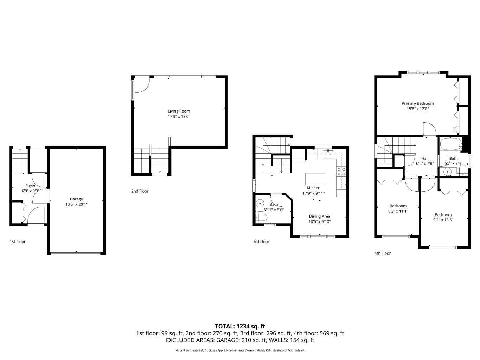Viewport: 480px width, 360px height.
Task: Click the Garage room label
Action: pyautogui.click(x=76, y=199)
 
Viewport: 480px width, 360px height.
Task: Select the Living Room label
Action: pyautogui.click(x=179, y=111)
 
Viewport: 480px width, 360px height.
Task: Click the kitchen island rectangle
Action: pyautogui.click(x=315, y=179)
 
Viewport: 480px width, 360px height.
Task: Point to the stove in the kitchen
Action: pyautogui.click(x=341, y=172)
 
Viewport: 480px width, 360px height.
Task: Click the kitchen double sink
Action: pyautogui.click(x=328, y=153)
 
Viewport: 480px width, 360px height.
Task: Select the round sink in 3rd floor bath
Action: pyautogui.click(x=260, y=203)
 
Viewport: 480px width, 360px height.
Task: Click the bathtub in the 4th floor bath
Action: pyautogui.click(x=450, y=144)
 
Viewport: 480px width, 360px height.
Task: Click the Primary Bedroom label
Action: pyautogui.click(x=418, y=103)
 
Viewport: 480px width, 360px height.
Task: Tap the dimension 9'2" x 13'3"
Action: pyautogui.click(x=443, y=220)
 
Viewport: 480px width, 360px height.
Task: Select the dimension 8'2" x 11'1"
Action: pyautogui.click(x=398, y=211)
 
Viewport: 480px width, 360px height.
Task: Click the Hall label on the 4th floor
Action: pyautogui.click(x=425, y=158)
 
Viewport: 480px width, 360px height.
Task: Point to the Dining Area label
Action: pyautogui.click(x=319, y=216)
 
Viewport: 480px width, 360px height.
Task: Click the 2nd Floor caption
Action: pyautogui.click(x=140, y=191)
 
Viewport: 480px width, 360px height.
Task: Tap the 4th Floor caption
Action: pyautogui.click(x=383, y=253)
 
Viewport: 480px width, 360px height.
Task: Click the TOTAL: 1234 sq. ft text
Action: pyautogui.click(x=240, y=326)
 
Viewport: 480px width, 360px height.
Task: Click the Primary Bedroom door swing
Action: pyautogui.click(x=429, y=129)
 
